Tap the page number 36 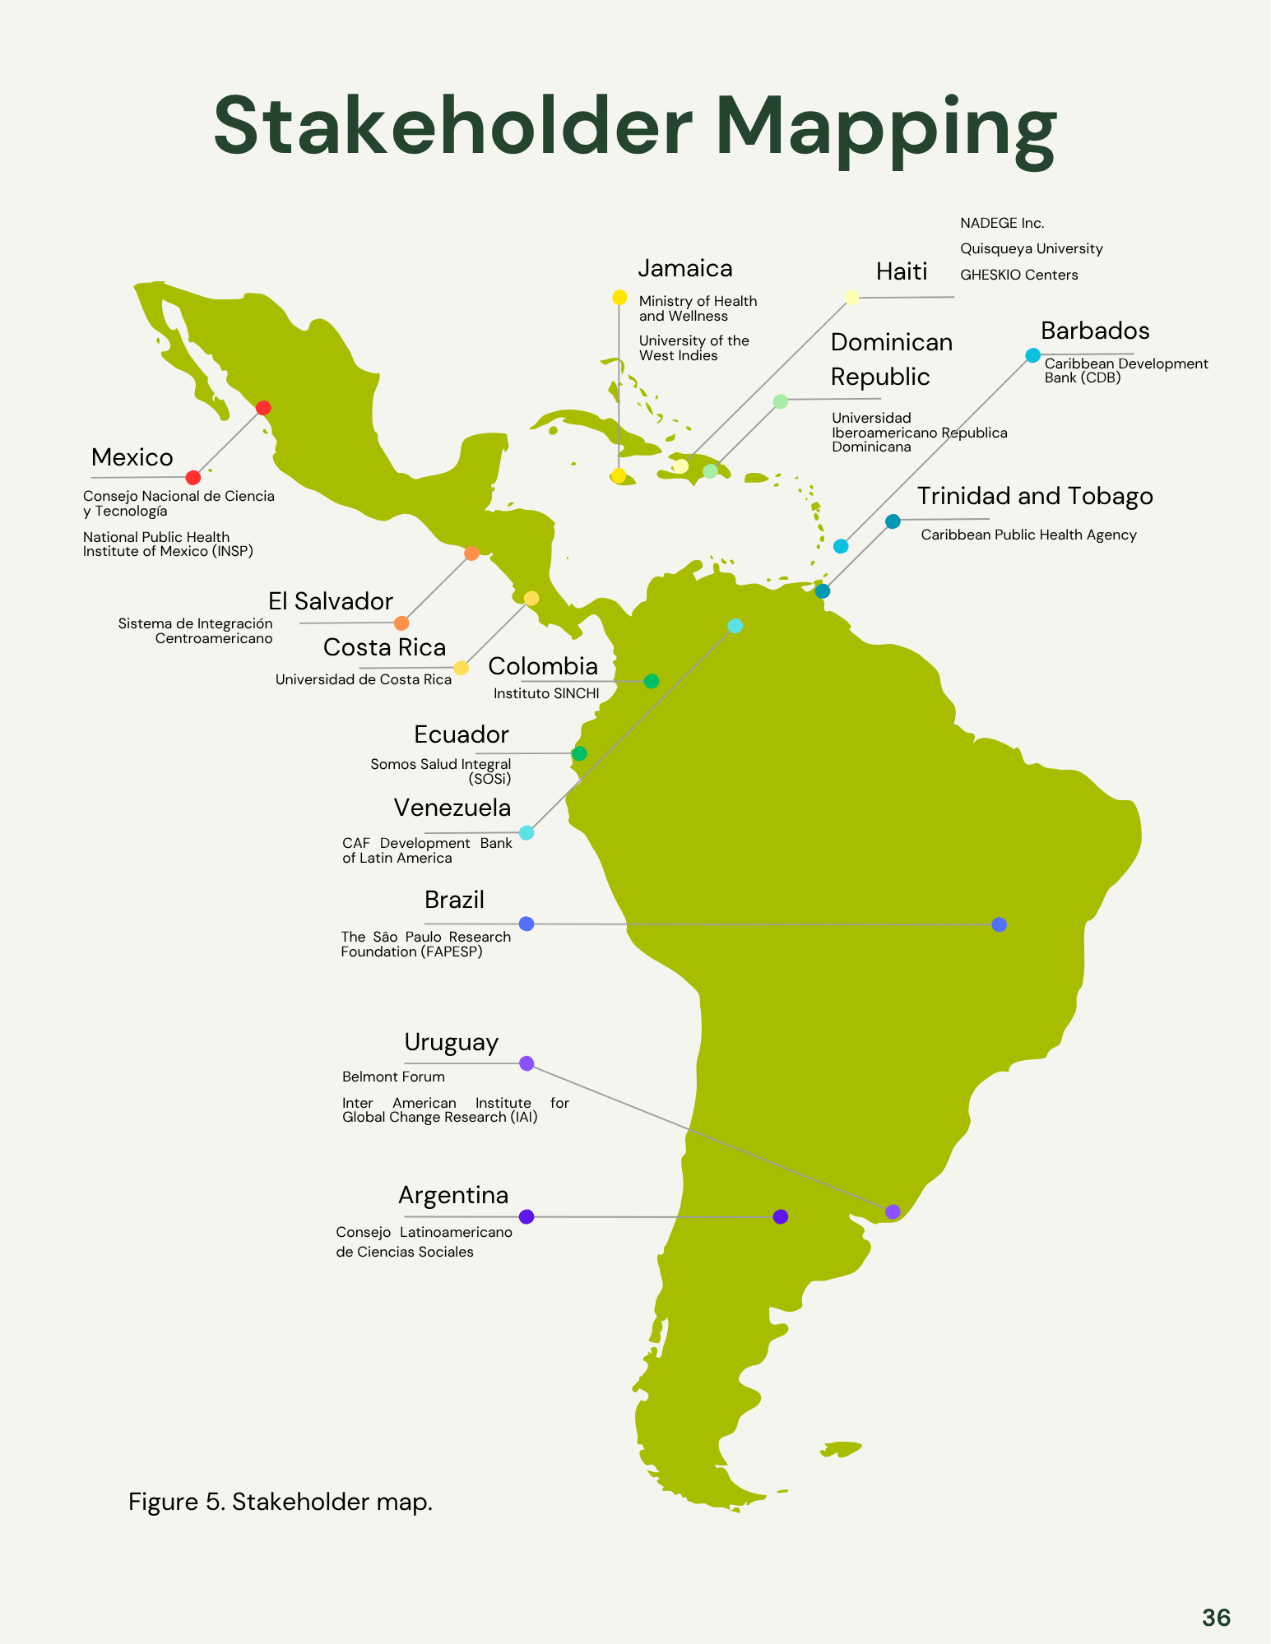pos(1216,1618)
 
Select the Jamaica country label pos(685,269)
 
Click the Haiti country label pos(901,271)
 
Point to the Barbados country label pos(1095,331)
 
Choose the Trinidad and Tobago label pos(1035,497)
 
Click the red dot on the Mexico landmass pos(263,408)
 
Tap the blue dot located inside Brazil pos(999,924)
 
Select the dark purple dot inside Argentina pos(781,1216)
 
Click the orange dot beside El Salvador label pos(401,623)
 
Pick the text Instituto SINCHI pos(546,694)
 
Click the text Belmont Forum pos(393,1077)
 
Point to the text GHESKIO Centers pos(1018,276)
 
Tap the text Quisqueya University pos(1031,249)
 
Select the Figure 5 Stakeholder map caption pos(281,1503)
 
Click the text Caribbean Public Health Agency pos(1028,535)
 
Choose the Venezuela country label pos(452,808)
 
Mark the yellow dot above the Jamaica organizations pos(619,298)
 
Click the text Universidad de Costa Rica pos(364,680)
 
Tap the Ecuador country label pos(462,734)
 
